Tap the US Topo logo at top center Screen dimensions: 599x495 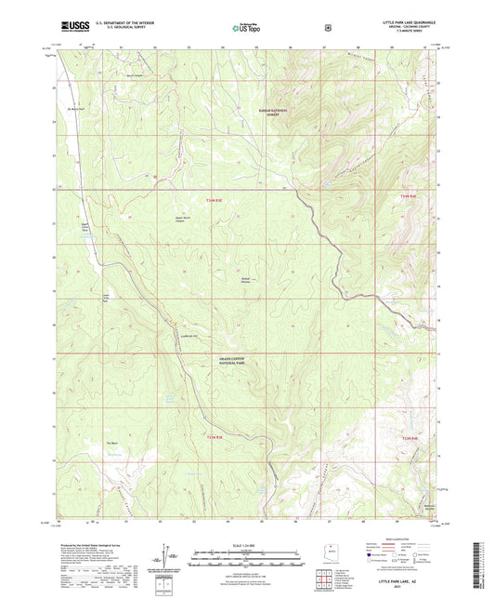(246, 29)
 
